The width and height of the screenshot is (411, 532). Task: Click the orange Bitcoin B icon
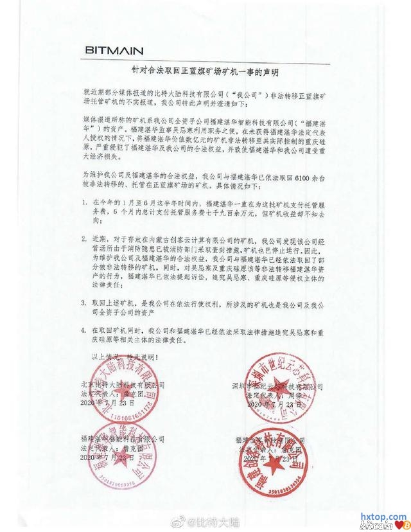click(405, 526)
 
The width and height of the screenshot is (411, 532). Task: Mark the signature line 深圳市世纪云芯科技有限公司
click(276, 385)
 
